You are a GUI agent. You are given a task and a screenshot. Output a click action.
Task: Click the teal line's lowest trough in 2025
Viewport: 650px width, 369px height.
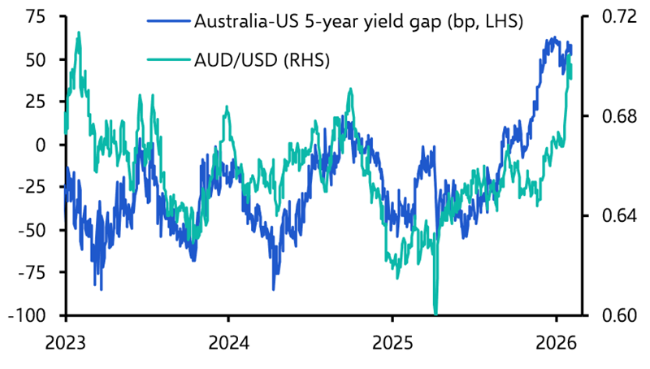(436, 313)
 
